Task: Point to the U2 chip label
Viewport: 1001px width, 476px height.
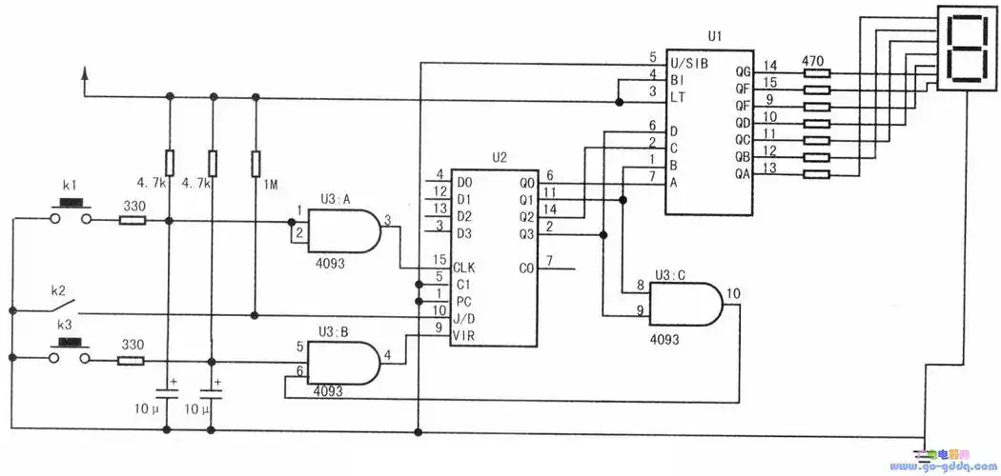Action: [499, 156]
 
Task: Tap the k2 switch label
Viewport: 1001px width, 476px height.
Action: [58, 288]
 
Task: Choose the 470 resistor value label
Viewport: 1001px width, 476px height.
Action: [812, 61]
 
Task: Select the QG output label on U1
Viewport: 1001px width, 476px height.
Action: [745, 71]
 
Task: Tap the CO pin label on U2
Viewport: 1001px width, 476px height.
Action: [527, 268]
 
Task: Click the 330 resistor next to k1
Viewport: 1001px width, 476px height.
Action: [133, 221]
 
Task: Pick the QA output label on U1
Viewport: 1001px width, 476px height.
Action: [744, 174]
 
